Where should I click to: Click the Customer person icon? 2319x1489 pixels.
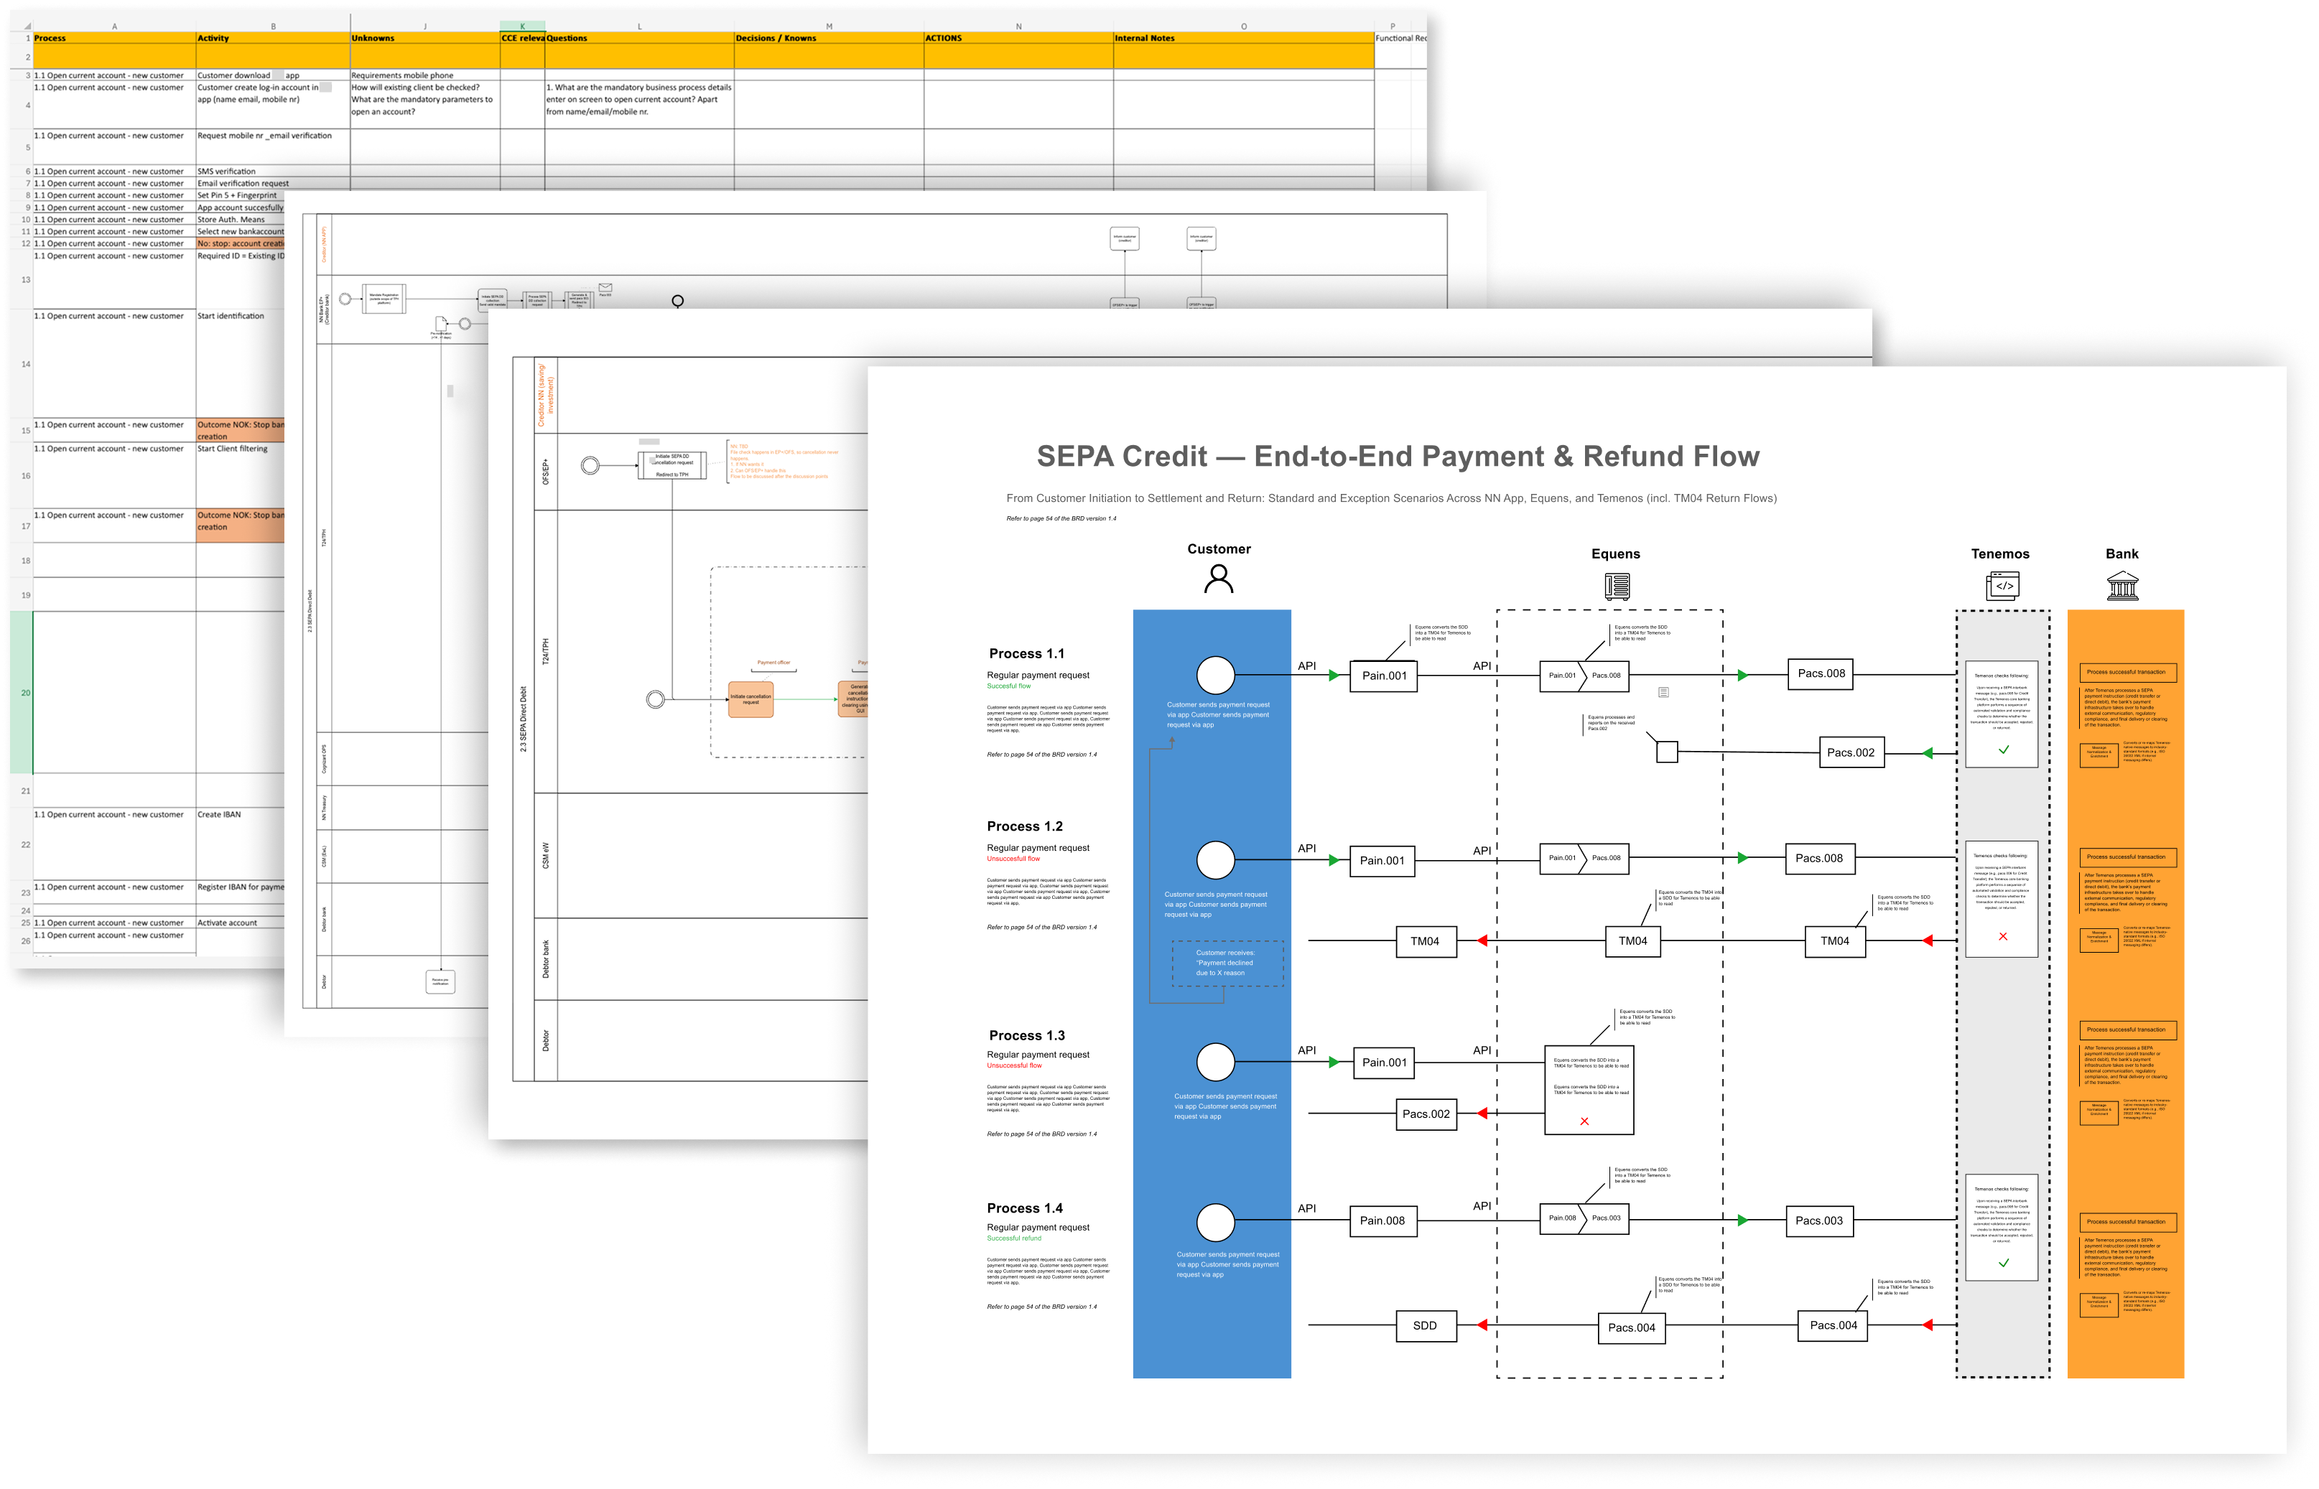[1219, 578]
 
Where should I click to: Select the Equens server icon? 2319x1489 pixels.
[1617, 586]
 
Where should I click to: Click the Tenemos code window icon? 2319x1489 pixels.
[2002, 586]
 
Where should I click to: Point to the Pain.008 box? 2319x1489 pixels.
[1382, 1220]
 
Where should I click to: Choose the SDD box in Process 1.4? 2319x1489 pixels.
[1424, 1325]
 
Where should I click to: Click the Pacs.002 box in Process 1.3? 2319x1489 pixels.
[1426, 1114]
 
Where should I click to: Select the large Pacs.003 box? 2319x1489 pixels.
[1819, 1220]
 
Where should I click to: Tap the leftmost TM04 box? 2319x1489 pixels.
[1424, 940]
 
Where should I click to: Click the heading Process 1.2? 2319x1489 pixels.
[1024, 826]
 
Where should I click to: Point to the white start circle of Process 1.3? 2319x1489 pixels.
[1216, 1062]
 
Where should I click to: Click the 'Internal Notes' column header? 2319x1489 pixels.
[1145, 39]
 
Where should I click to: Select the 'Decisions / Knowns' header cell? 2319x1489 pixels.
[776, 39]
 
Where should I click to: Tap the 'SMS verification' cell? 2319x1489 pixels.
[227, 171]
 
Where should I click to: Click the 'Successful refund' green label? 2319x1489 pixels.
[1013, 1238]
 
